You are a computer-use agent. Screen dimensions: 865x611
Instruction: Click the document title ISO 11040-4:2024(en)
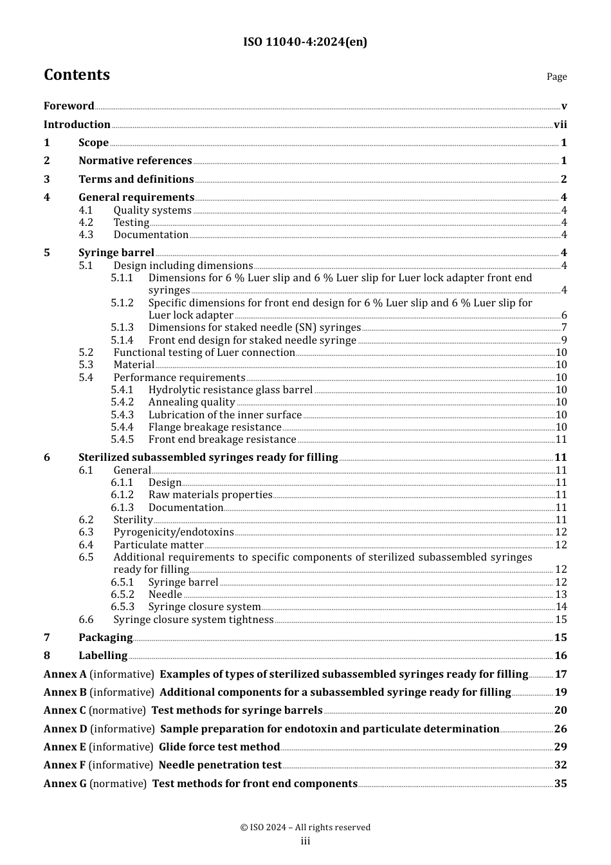[305, 42]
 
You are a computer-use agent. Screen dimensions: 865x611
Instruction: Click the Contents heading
[77, 75]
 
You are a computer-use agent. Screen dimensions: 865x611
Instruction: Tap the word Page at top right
[556, 77]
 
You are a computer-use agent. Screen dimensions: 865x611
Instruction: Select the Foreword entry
[69, 106]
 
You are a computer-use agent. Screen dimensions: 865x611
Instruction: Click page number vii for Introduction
[560, 125]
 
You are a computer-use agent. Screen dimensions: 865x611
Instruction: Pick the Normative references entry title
[135, 161]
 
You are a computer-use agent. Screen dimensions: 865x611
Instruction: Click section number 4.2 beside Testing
[86, 223]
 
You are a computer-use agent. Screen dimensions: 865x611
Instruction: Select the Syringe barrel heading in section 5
[116, 253]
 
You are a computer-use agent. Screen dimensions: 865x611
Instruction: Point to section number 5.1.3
[122, 328]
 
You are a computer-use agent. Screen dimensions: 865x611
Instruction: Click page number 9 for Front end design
[564, 340]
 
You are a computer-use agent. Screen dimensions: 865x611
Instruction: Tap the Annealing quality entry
[192, 402]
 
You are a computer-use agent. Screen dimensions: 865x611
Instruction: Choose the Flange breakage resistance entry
[215, 427]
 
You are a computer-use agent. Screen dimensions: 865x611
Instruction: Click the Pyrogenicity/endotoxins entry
[174, 532]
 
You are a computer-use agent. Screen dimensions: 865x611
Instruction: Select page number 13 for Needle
[561, 595]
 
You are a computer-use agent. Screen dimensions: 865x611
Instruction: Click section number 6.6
[86, 620]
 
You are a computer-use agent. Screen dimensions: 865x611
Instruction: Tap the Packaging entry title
[105, 638]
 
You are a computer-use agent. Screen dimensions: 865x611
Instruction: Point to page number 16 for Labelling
[561, 656]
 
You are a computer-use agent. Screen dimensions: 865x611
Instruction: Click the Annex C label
[64, 711]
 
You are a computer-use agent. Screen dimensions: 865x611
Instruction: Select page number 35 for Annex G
[561, 784]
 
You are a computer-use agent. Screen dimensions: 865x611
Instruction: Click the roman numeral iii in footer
[305, 841]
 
